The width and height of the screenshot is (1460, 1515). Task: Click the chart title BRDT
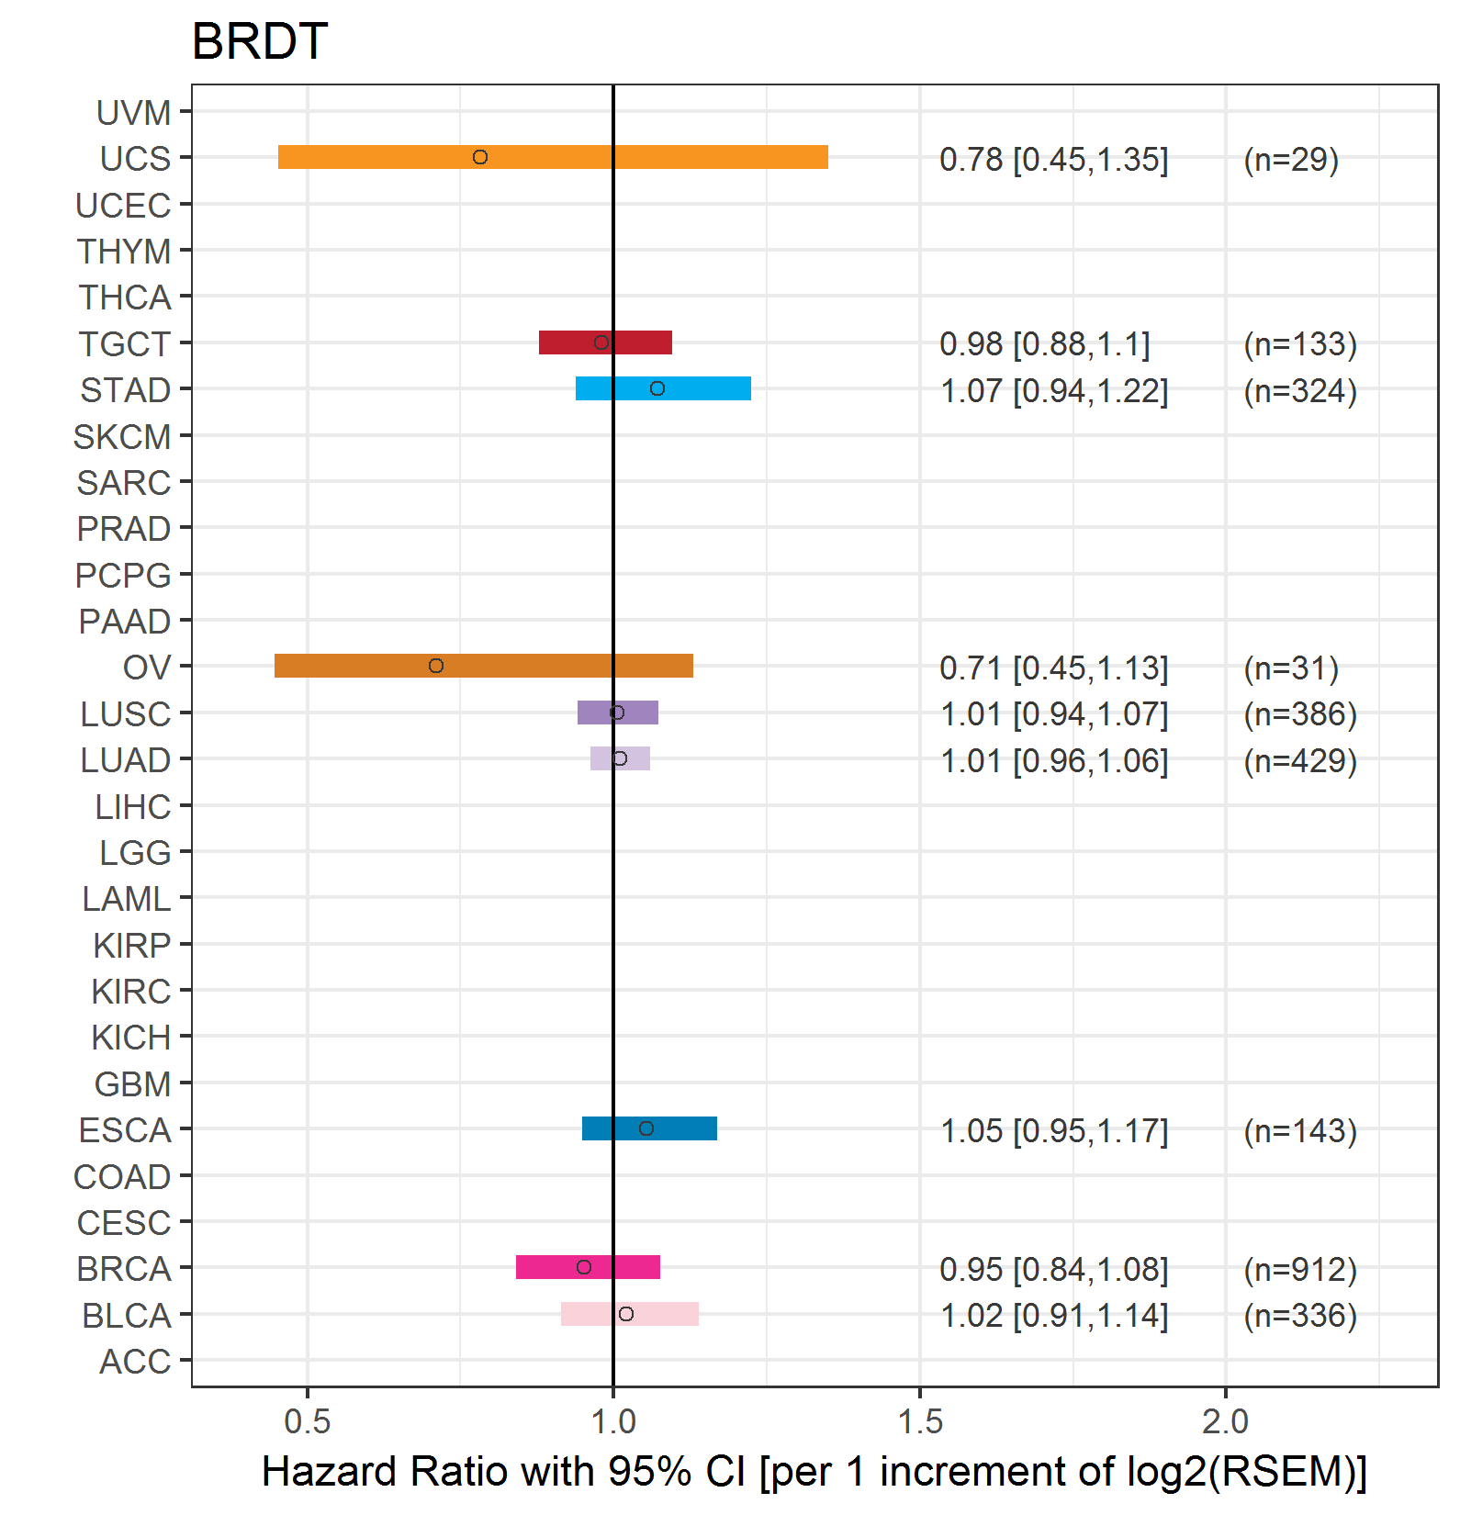coord(260,41)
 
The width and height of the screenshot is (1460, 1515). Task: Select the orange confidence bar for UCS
coord(553,157)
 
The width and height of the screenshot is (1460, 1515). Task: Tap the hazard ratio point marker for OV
coord(436,666)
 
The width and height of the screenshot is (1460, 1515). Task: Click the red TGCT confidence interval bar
coord(605,342)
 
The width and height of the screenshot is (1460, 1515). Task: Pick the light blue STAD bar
coord(663,388)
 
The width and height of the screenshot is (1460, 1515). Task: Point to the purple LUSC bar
coord(618,713)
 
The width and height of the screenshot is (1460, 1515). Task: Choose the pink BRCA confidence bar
coord(588,1267)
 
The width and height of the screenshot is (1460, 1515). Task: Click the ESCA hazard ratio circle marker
coord(646,1128)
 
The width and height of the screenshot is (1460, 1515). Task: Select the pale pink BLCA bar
coord(630,1314)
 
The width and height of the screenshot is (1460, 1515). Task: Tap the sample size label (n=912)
coord(1300,1269)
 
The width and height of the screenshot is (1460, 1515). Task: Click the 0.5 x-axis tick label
coord(307,1421)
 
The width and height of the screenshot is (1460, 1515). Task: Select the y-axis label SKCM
coord(122,437)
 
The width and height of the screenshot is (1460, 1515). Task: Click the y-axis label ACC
coord(135,1362)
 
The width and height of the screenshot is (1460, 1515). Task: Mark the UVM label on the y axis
coord(134,113)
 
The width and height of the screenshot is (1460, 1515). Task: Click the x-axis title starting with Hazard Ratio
coord(814,1472)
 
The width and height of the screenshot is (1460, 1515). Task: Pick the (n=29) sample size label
coord(1291,160)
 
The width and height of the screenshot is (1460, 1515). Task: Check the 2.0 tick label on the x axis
coord(1226,1421)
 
